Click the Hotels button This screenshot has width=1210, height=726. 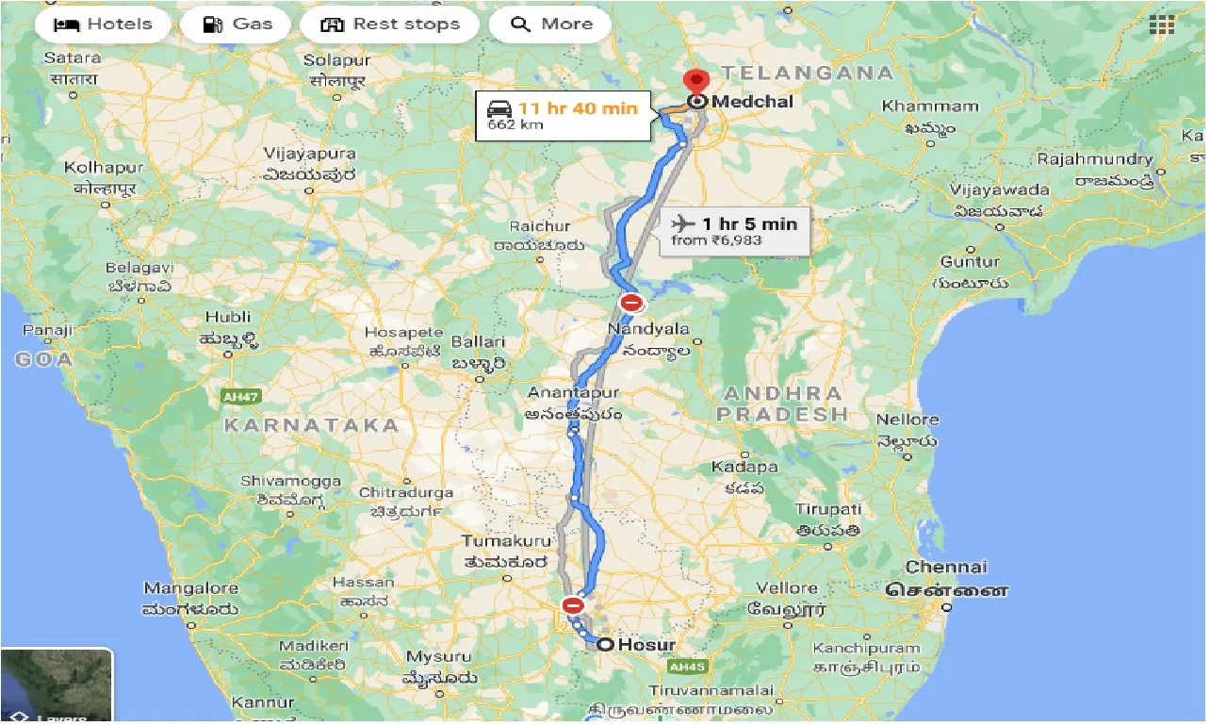click(103, 25)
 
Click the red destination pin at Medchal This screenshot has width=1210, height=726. click(697, 84)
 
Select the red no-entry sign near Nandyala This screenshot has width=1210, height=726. click(631, 304)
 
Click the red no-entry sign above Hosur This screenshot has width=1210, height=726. click(572, 604)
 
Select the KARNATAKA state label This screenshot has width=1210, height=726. click(312, 425)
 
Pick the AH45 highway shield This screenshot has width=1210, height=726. click(685, 667)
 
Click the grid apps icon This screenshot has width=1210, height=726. click(1161, 25)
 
